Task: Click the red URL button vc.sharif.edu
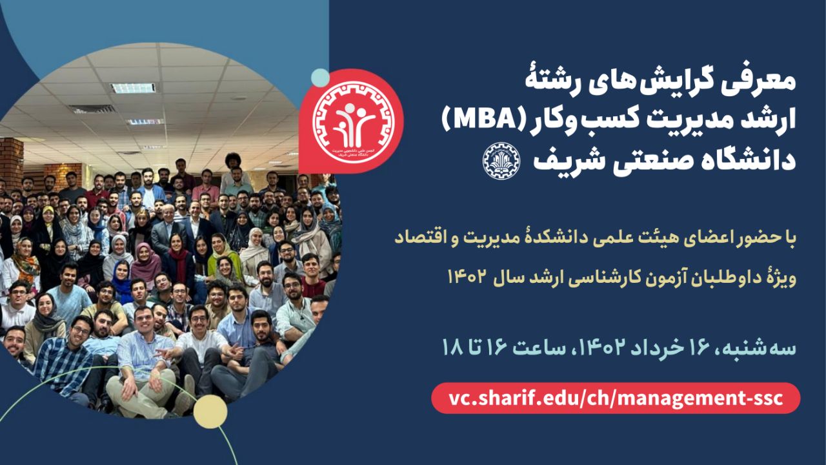pos(616,398)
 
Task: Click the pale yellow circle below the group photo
pos(210,411)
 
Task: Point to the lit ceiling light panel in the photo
pos(133,88)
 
